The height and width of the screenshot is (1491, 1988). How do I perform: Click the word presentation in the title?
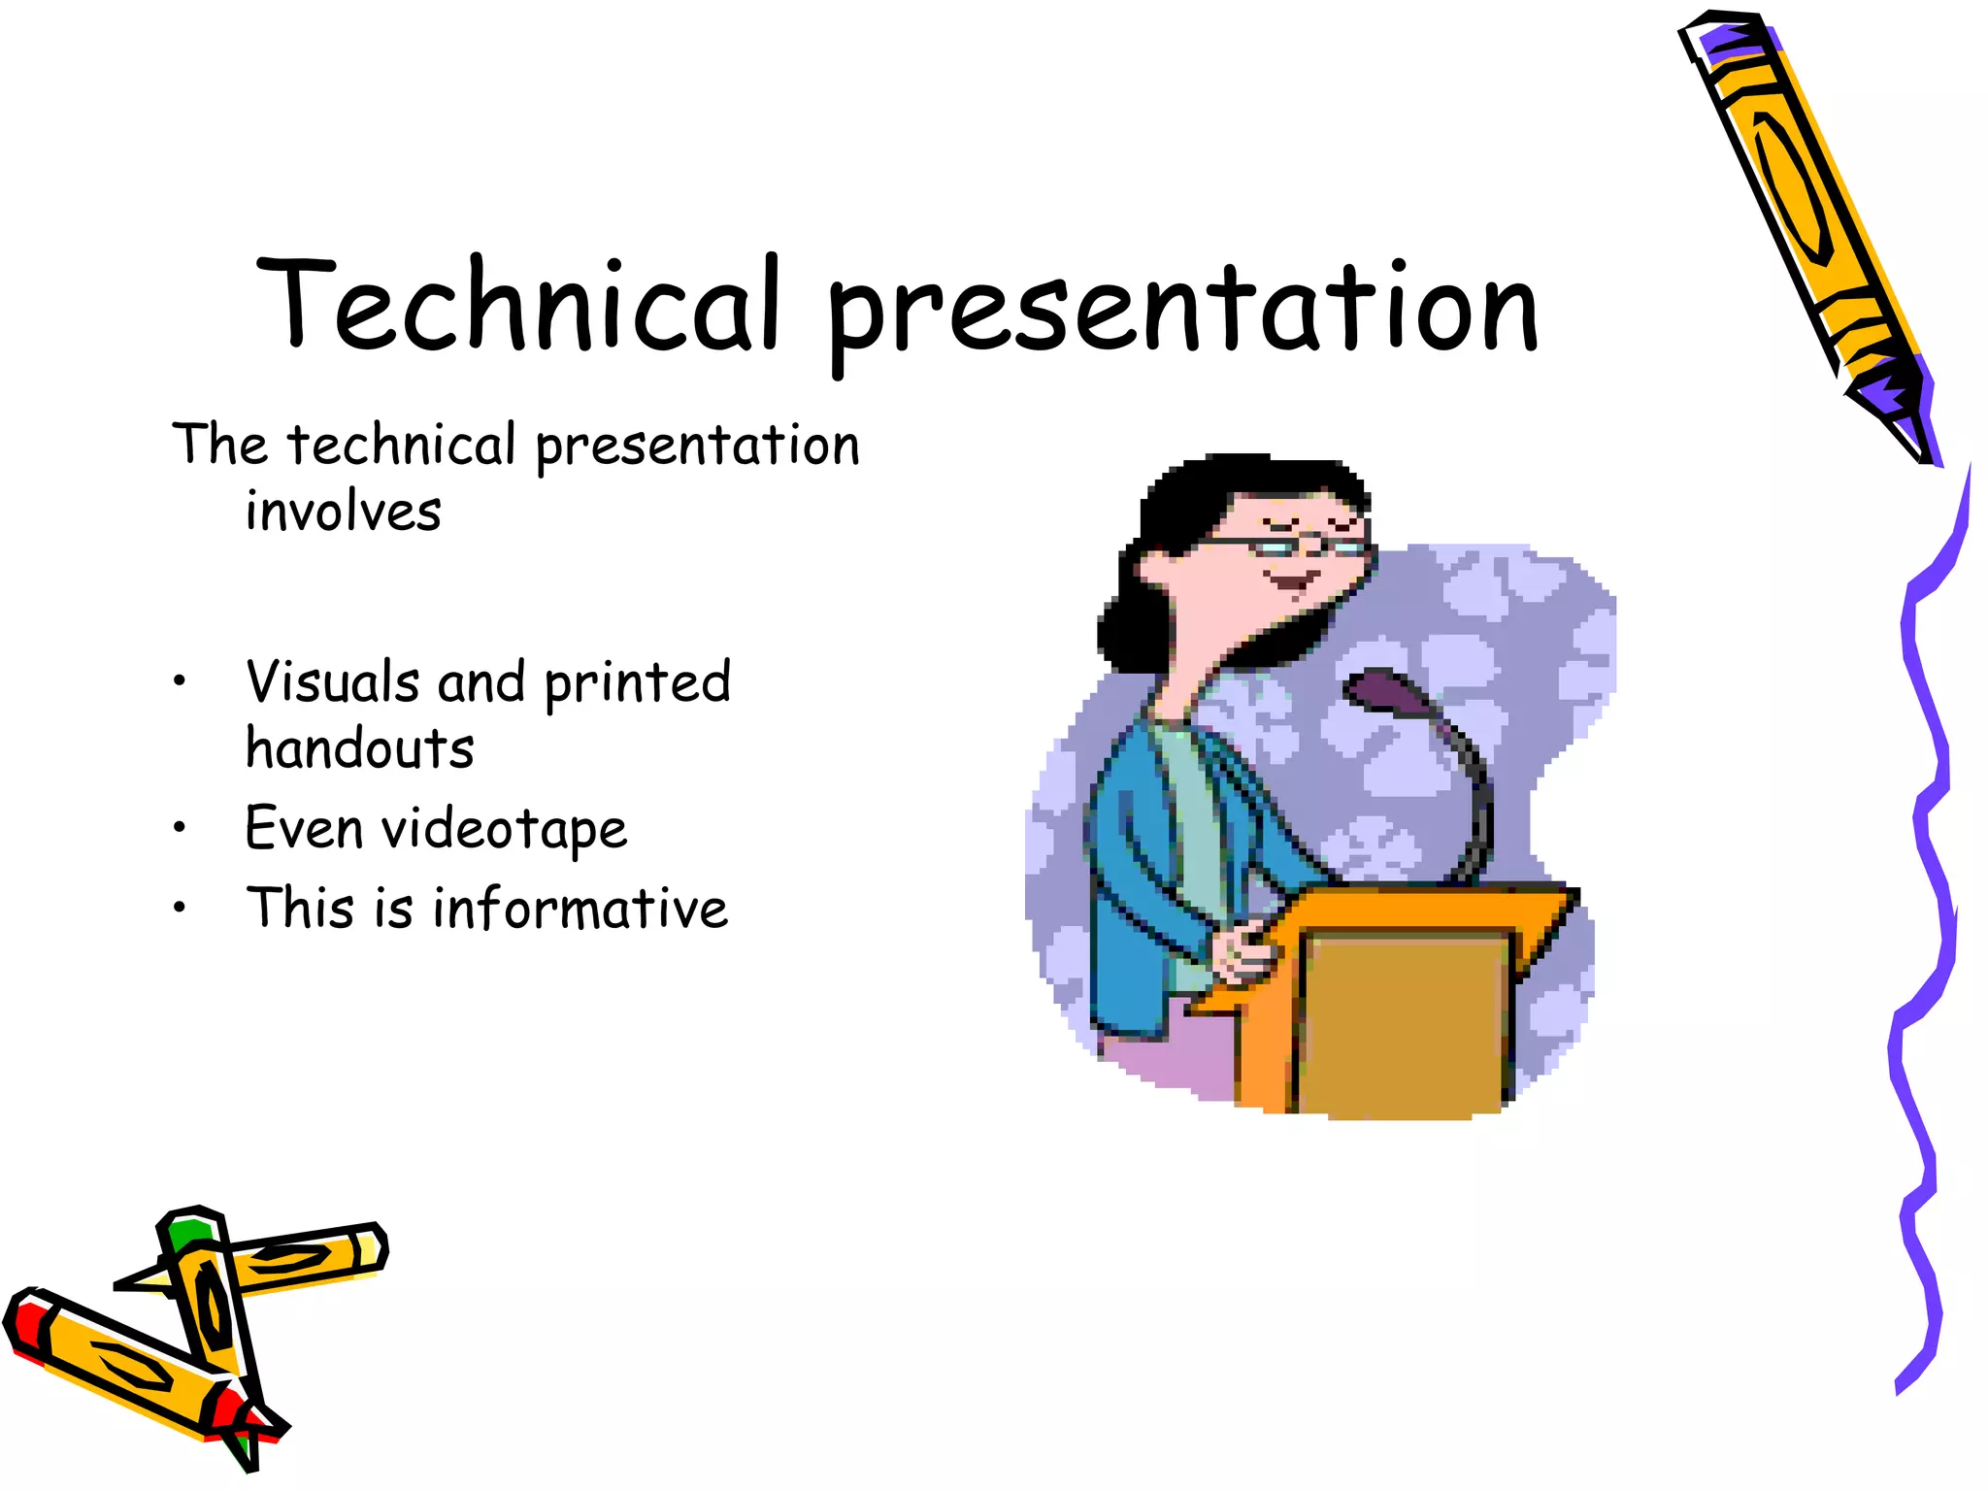1182,309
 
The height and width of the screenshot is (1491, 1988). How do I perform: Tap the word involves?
343,512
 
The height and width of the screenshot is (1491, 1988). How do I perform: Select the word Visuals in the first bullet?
332,681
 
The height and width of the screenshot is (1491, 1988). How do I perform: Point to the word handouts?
359,748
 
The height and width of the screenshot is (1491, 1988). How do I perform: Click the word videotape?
504,830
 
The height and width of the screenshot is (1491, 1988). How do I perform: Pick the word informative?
580,909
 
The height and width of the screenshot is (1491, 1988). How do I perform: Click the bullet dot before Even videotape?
179,828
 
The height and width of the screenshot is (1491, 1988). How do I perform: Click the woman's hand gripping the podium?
1244,951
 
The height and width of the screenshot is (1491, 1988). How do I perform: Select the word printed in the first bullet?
637,681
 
